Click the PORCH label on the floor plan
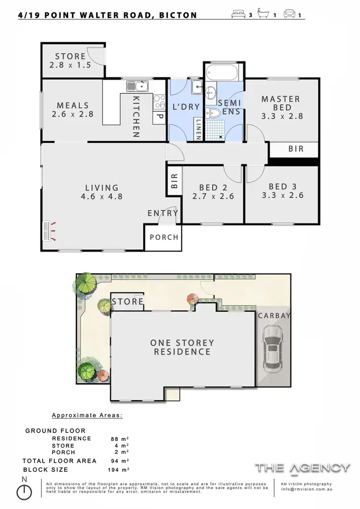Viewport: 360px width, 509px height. click(164, 237)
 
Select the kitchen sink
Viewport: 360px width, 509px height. click(138, 86)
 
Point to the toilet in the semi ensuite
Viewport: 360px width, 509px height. click(214, 113)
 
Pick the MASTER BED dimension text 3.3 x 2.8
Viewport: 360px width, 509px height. click(281, 116)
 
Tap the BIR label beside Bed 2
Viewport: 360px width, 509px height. click(174, 180)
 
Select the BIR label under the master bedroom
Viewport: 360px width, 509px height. click(296, 149)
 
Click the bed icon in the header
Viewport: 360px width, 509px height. click(239, 14)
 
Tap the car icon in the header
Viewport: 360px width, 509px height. click(290, 14)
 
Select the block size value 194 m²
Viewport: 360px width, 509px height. click(120, 470)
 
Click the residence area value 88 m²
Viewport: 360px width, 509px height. click(120, 438)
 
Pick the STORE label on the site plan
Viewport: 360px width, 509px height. click(128, 301)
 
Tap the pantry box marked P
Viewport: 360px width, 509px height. click(159, 117)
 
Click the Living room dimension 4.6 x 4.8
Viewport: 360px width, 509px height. click(102, 196)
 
